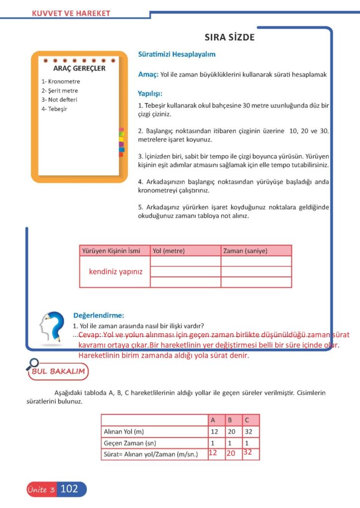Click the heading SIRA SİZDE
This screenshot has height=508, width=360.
click(x=230, y=38)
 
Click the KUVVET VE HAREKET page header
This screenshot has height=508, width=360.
click(x=71, y=13)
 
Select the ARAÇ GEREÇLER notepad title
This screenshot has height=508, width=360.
click(x=79, y=68)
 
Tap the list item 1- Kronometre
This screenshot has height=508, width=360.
click(x=61, y=81)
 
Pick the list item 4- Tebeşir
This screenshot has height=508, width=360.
click(x=55, y=109)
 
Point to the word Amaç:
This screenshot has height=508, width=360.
click(x=148, y=74)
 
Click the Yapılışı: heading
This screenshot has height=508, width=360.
click(x=150, y=93)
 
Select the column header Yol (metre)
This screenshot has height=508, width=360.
click(x=169, y=251)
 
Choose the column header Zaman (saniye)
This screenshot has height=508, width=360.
click(x=245, y=251)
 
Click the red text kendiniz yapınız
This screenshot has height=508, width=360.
click(x=116, y=271)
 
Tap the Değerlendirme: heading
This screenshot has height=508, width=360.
click(x=98, y=315)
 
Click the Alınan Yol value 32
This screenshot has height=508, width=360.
click(x=249, y=432)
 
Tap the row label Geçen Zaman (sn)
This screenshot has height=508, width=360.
click(x=125, y=443)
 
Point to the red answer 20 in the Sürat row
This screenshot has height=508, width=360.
click(x=230, y=453)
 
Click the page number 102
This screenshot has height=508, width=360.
click(x=69, y=489)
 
